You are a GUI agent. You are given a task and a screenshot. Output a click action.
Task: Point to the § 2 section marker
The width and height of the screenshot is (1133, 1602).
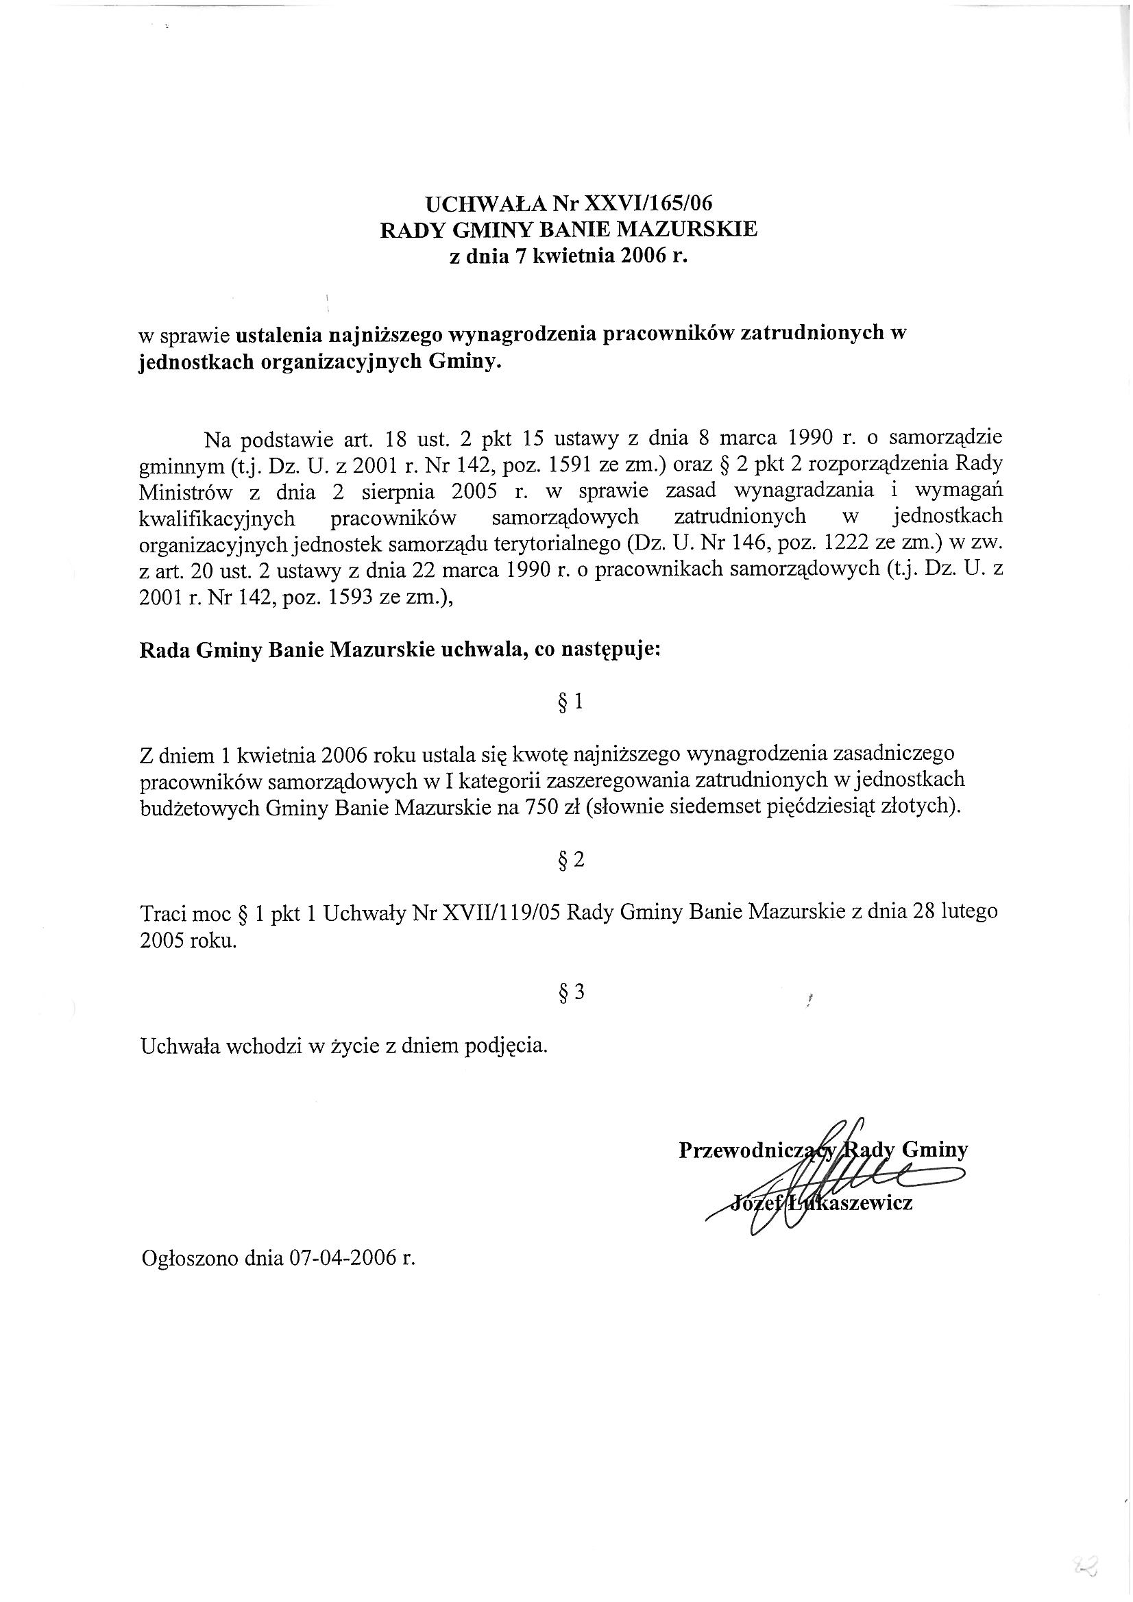click(570, 861)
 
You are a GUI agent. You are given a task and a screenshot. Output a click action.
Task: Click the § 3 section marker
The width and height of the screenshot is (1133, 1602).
click(570, 991)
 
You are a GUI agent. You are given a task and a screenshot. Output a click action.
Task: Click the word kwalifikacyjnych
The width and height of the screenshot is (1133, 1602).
click(217, 519)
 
